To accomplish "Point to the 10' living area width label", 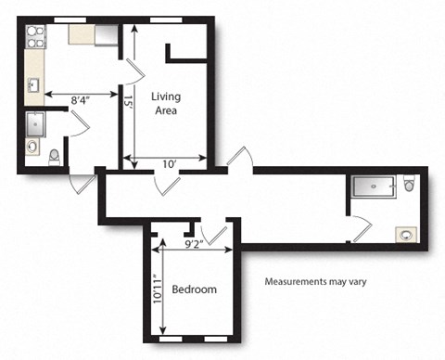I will (168, 164).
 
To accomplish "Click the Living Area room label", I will (168, 103).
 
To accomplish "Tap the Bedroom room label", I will (195, 289).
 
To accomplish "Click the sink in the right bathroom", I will (405, 234).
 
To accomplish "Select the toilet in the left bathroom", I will (54, 155).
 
